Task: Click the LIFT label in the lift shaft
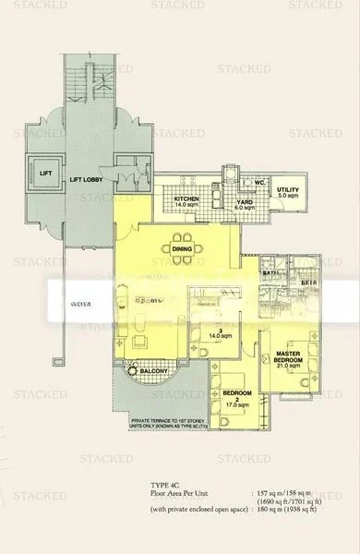43,172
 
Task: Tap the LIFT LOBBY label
92,172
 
